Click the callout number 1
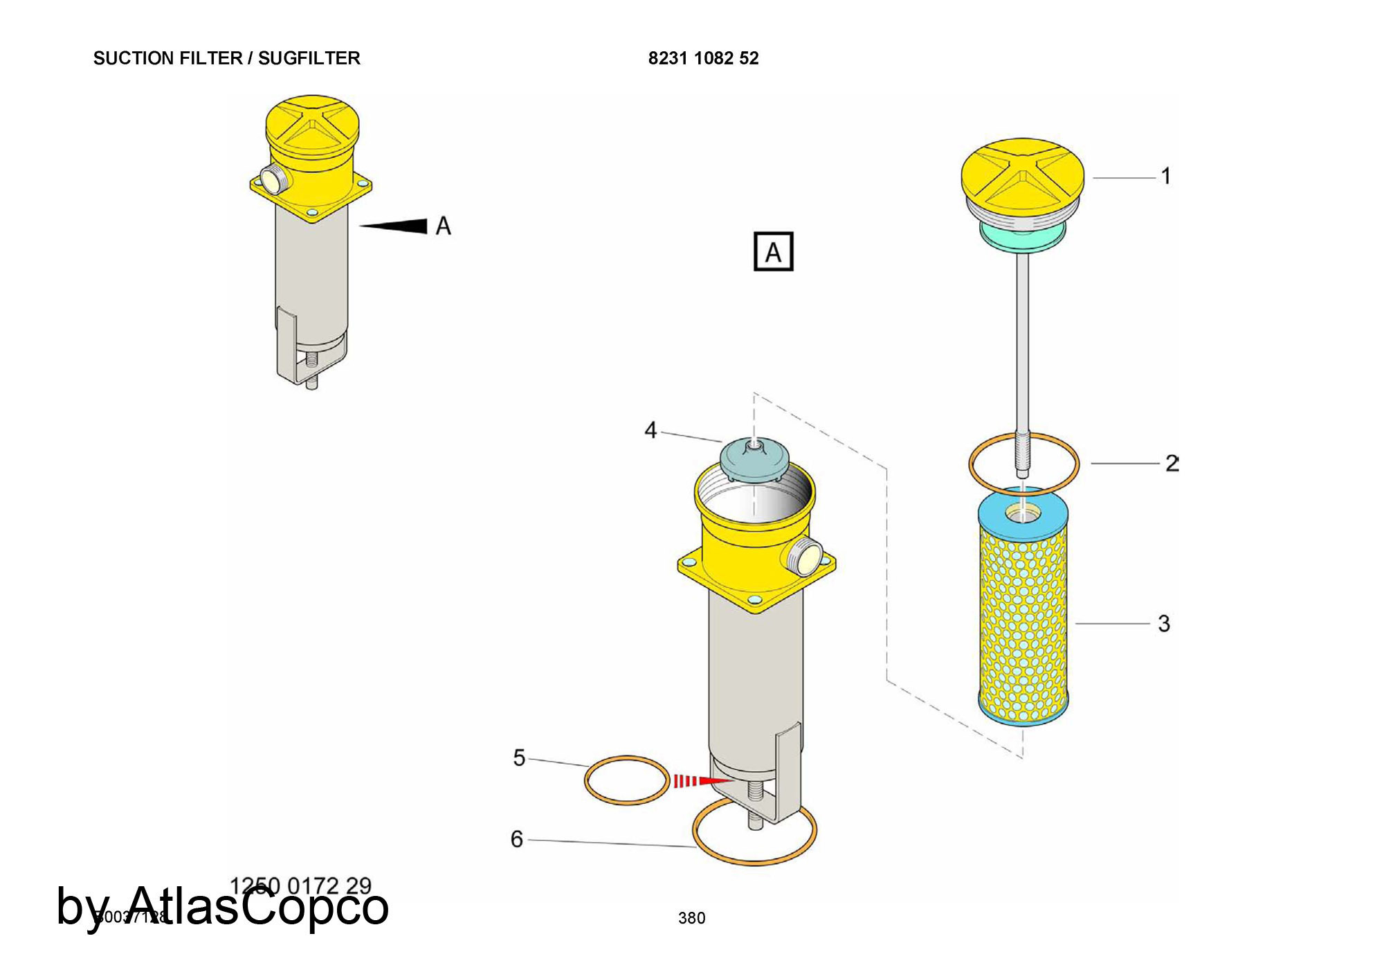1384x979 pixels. point(1166,176)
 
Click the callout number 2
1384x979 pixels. point(1171,462)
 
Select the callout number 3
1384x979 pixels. point(1164,623)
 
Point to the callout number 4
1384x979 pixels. point(650,430)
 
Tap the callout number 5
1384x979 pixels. point(519,757)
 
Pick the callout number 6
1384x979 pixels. point(516,839)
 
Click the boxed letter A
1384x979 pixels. point(773,251)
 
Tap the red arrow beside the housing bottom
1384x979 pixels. point(702,781)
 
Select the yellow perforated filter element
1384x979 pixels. point(1023,616)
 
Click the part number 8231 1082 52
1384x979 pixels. point(703,58)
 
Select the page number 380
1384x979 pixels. point(691,918)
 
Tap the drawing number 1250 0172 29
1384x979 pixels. point(300,886)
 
